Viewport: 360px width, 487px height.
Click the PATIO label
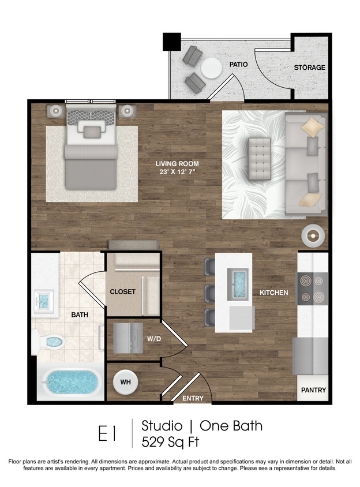tap(238, 65)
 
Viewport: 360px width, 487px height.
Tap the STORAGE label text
tap(309, 68)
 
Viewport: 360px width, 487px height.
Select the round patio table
tap(211, 68)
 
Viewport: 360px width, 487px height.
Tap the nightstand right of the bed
tap(127, 110)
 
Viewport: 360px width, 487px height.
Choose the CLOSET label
tap(122, 292)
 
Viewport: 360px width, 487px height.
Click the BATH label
tap(80, 315)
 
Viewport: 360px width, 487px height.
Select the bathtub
tap(70, 381)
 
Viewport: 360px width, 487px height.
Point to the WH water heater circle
tap(125, 381)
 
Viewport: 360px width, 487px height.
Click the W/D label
tap(154, 339)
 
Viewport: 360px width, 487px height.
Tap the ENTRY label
tap(193, 398)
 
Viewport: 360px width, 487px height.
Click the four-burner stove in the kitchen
tap(312, 289)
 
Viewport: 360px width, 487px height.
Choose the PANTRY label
tap(313, 390)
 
